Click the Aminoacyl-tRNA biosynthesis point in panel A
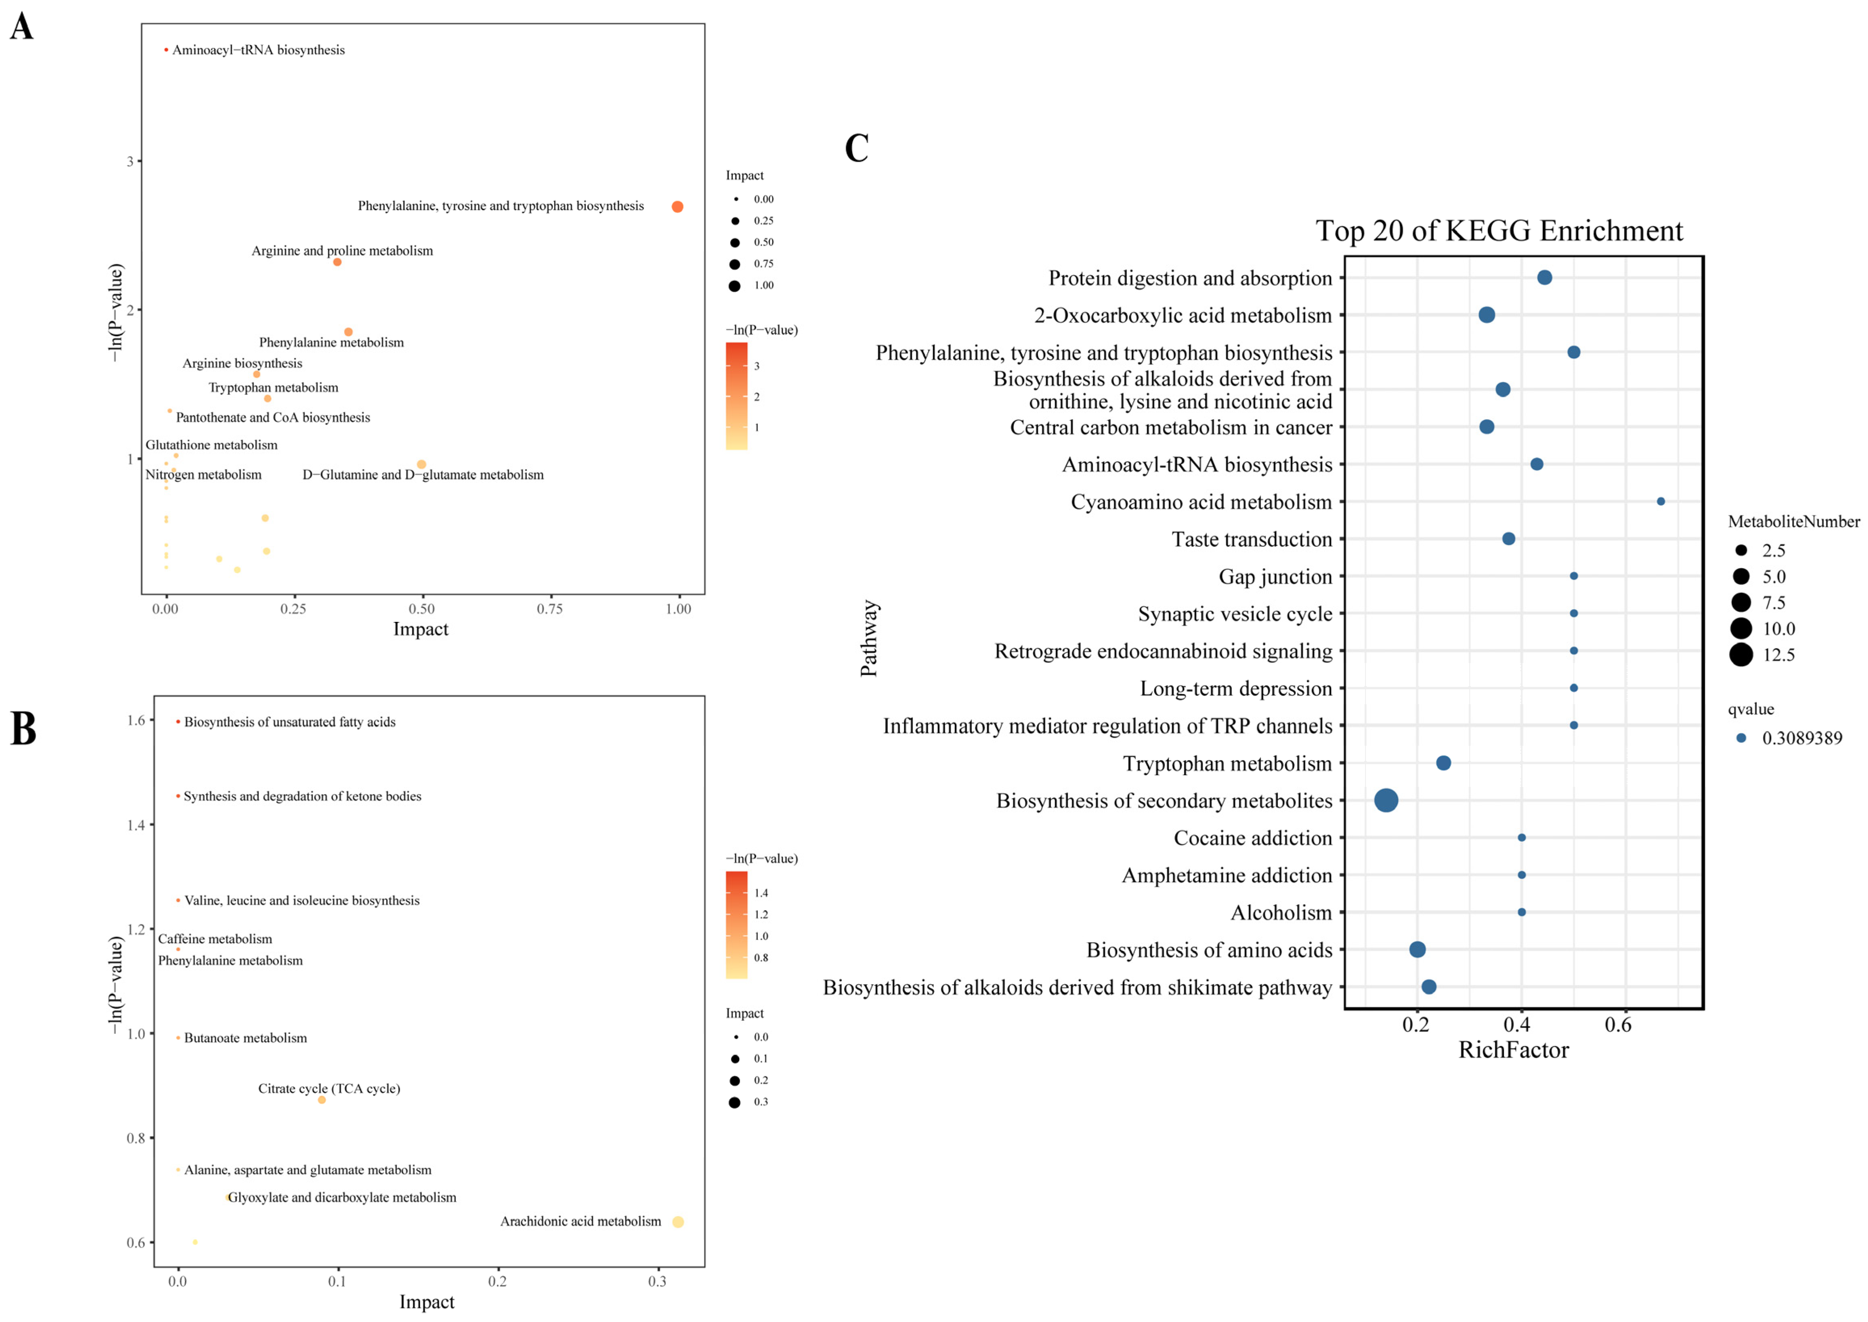point(166,50)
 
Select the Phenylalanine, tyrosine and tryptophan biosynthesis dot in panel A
point(677,207)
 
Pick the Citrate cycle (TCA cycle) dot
point(322,1100)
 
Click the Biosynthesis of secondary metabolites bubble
point(1386,800)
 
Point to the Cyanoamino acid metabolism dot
point(1660,502)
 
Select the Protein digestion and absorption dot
point(1544,278)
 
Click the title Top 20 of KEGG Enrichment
point(1498,231)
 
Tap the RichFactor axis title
point(1513,1050)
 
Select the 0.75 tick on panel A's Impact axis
point(549,609)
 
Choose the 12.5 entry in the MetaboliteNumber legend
point(1759,655)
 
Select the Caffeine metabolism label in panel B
point(215,939)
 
